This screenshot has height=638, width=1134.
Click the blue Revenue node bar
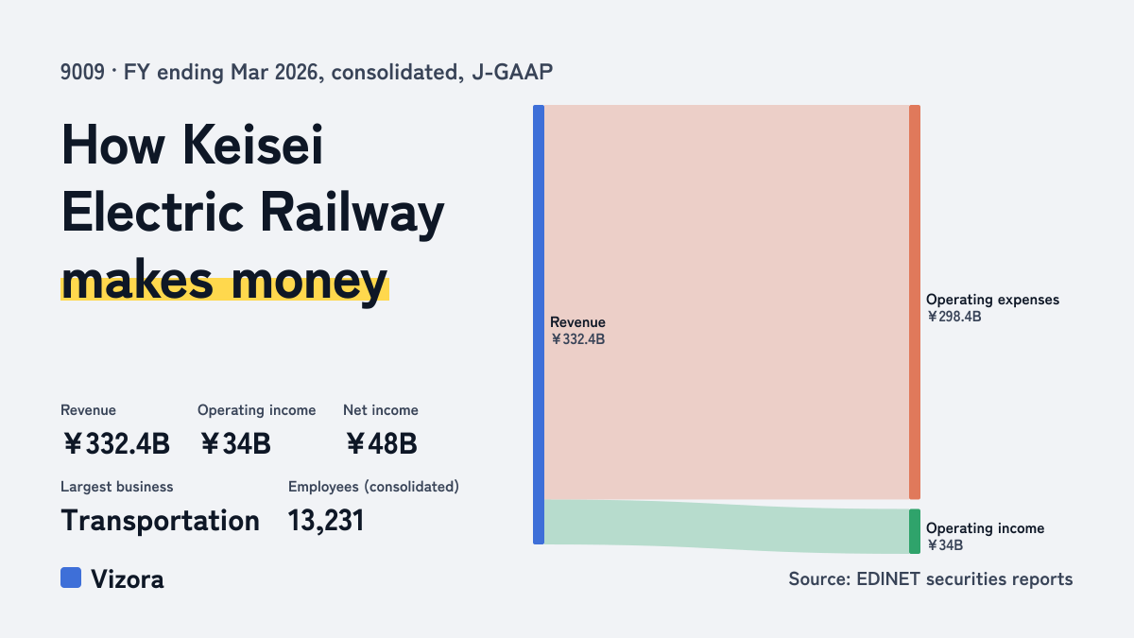click(x=539, y=324)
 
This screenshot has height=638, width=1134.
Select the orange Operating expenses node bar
click(x=915, y=302)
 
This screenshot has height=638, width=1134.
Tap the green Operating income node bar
click(x=915, y=531)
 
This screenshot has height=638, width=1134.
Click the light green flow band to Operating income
click(x=727, y=526)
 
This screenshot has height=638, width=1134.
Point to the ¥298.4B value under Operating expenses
click(x=954, y=317)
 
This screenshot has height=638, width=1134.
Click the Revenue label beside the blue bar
click(x=577, y=322)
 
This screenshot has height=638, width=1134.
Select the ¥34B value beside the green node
click(x=945, y=545)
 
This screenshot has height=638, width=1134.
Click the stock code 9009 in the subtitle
click(x=82, y=72)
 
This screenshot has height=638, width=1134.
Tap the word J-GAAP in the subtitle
click(x=512, y=72)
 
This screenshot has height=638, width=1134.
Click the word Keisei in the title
click(x=252, y=145)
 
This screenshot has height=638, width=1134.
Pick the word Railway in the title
click(x=352, y=214)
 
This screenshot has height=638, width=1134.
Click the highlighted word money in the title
click(x=309, y=282)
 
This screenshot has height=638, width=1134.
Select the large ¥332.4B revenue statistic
click(x=116, y=443)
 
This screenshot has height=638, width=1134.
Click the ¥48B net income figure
click(x=381, y=443)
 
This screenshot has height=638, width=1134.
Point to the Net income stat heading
click(x=381, y=410)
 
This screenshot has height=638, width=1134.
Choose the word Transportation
click(x=160, y=521)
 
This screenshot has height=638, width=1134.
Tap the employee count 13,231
click(x=326, y=521)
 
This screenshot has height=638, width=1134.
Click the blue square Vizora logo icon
click(x=71, y=578)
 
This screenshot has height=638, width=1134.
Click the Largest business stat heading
click(x=117, y=487)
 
